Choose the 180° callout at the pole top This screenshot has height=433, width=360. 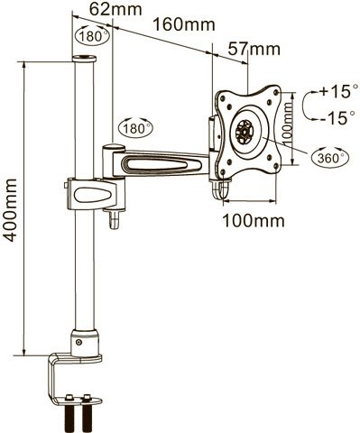(88, 39)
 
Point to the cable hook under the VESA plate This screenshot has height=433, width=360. (217, 192)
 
